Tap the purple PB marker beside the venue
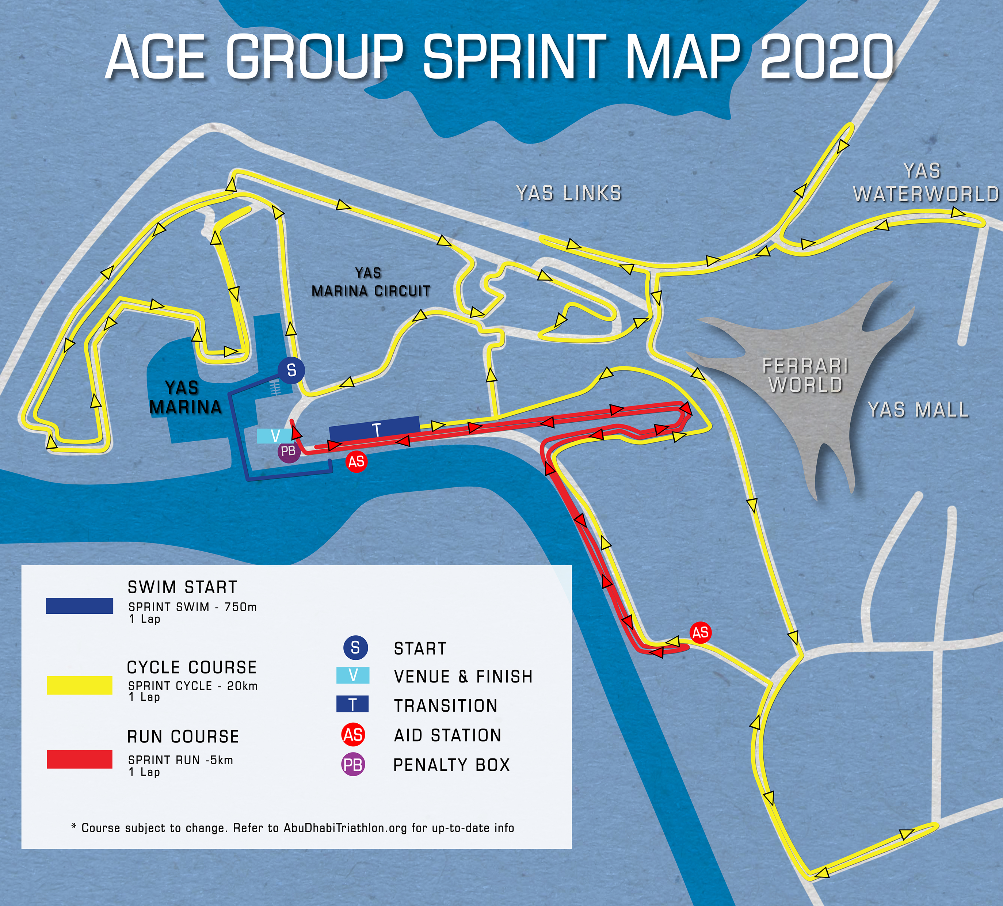pyautogui.click(x=289, y=452)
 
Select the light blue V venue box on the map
pyautogui.click(x=274, y=436)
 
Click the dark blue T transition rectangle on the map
pyautogui.click(x=374, y=429)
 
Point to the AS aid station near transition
pyautogui.click(x=356, y=462)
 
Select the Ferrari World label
pyautogui.click(x=805, y=375)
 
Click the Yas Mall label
pyautogui.click(x=918, y=410)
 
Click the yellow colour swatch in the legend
pyautogui.click(x=80, y=685)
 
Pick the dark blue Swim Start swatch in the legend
pyautogui.click(x=80, y=606)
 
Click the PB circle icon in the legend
pyautogui.click(x=353, y=765)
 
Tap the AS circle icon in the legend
pyautogui.click(x=353, y=735)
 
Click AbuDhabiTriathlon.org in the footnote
pyautogui.click(x=345, y=828)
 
